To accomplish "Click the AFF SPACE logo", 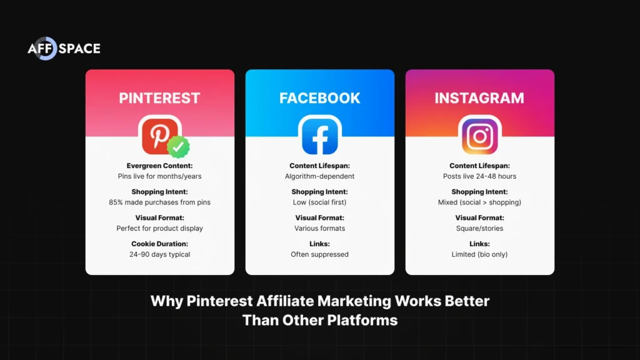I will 64,49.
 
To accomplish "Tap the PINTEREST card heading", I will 159,98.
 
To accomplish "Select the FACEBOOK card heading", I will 319,98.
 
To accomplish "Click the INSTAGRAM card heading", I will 479,98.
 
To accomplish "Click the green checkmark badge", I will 178,147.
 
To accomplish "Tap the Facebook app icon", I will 319,135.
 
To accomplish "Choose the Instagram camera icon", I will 479,135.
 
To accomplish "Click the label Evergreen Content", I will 159,166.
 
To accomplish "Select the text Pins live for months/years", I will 159,176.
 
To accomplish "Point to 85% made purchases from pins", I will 159,202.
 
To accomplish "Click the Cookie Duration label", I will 159,244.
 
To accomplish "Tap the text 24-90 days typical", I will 159,254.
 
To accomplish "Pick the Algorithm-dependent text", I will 319,176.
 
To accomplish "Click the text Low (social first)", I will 319,202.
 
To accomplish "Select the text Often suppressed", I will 319,254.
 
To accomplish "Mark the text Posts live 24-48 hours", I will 479,176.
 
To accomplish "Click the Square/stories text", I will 479,229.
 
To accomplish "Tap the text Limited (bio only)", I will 479,254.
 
